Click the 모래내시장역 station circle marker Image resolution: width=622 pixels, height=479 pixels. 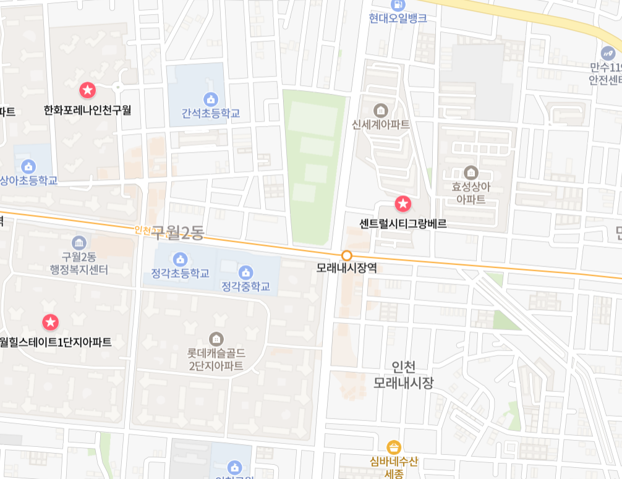[x=347, y=255]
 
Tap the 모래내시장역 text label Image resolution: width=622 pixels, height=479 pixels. [x=347, y=269]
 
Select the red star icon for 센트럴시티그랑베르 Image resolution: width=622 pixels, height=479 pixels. [x=403, y=203]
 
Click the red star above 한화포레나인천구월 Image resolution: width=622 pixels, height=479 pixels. [x=88, y=90]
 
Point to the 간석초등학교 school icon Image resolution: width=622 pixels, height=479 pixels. [x=210, y=99]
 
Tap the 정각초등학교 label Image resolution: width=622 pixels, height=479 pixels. [x=180, y=274]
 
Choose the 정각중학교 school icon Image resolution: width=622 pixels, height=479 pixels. [x=245, y=272]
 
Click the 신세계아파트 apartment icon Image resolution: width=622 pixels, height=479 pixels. [x=380, y=110]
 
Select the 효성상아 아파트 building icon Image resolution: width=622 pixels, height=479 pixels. [x=471, y=172]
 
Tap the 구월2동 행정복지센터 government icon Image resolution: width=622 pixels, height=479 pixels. [x=79, y=242]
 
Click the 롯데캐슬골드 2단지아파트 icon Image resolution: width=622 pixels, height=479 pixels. [x=216, y=339]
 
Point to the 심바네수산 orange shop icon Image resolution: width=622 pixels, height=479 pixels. [x=394, y=447]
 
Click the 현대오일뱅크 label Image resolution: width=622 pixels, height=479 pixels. [x=398, y=19]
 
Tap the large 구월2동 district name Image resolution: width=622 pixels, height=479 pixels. [x=177, y=232]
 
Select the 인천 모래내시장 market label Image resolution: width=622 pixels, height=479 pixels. [x=403, y=375]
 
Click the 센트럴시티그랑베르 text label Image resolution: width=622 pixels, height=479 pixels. [x=403, y=224]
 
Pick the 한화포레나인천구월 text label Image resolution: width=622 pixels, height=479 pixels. [x=88, y=111]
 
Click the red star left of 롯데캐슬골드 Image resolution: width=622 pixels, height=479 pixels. [x=51, y=322]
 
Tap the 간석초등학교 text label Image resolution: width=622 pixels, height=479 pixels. [x=210, y=114]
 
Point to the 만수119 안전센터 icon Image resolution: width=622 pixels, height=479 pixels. [x=608, y=53]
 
